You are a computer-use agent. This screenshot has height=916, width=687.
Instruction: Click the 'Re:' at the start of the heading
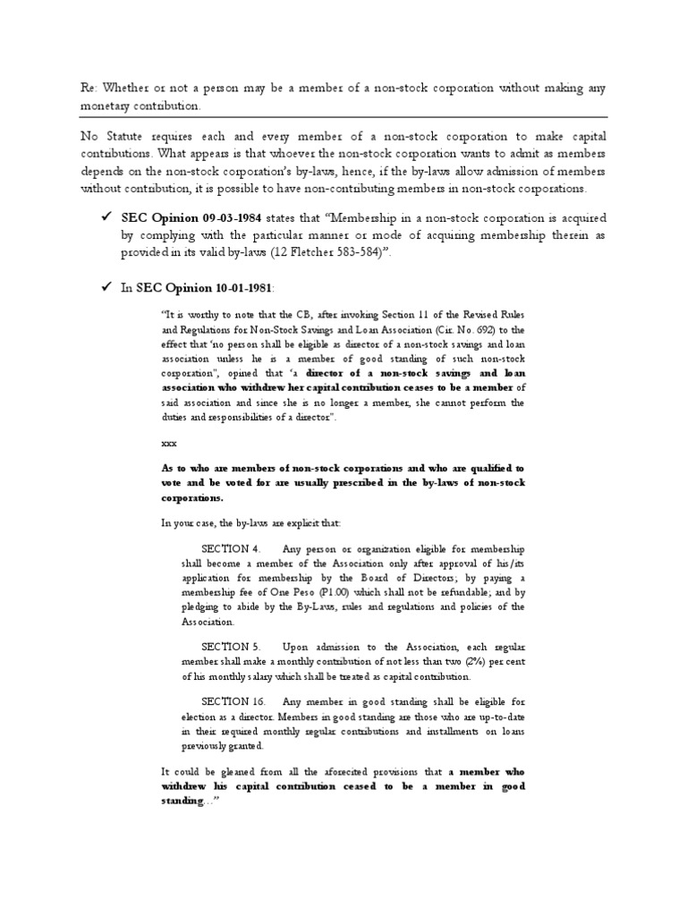88,88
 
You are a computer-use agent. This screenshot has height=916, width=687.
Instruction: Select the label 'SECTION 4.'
231,547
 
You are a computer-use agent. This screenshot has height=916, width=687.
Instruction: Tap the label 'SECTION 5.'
231,646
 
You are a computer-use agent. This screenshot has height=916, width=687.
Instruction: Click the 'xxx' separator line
169,443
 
